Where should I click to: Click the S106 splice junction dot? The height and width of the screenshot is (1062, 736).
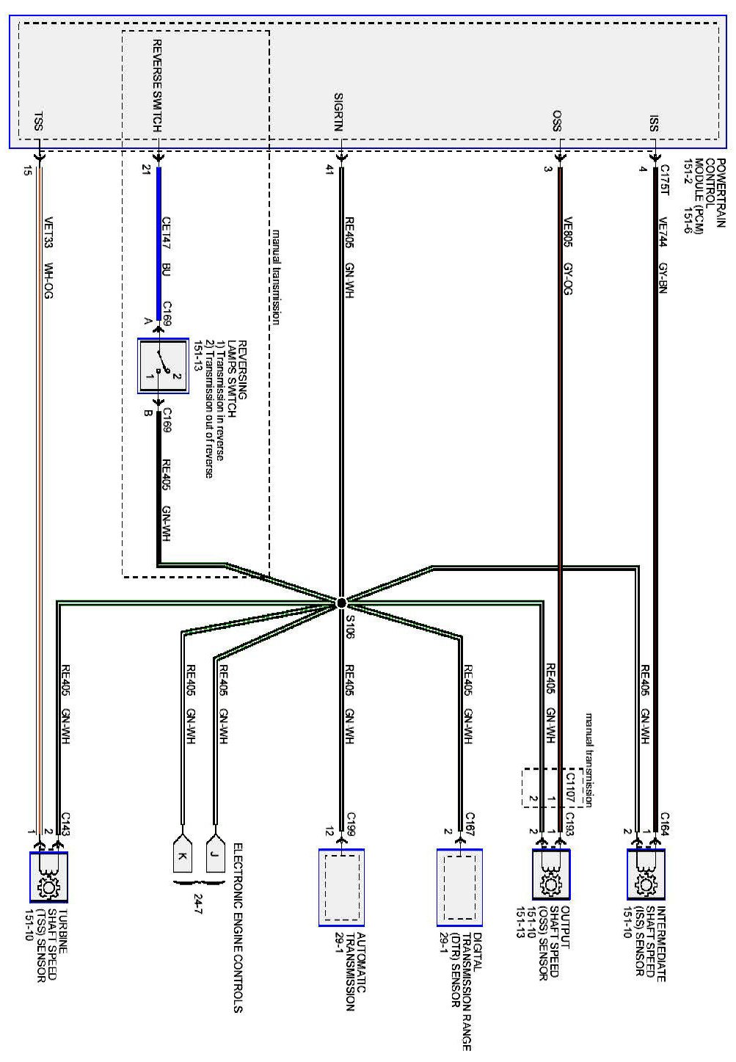[341, 603]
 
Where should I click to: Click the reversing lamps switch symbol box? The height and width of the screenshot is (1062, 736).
[163, 366]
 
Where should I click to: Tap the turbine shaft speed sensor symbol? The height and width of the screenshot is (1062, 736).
[48, 877]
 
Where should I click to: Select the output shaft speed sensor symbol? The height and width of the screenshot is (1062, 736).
[551, 874]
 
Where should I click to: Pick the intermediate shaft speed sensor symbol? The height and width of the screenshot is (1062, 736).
[646, 874]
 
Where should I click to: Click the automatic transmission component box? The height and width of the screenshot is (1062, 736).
[341, 887]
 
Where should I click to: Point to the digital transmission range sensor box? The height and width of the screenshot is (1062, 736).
[460, 887]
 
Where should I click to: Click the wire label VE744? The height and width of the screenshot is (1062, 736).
[663, 222]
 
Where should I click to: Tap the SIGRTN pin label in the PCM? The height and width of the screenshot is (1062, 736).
[338, 112]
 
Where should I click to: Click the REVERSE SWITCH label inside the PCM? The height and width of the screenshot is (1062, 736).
[157, 87]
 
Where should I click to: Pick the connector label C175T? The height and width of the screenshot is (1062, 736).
[665, 182]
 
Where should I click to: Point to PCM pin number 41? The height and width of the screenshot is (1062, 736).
[329, 170]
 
